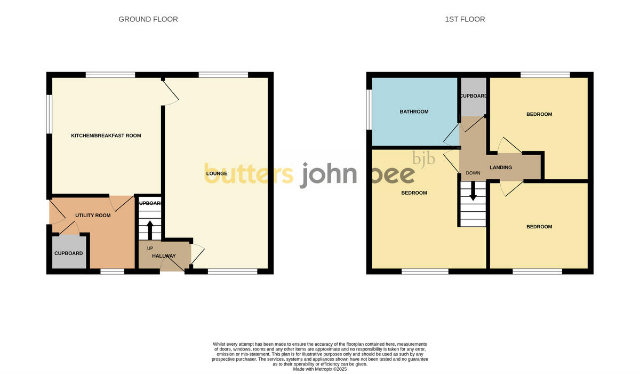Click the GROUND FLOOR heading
tap(148, 19)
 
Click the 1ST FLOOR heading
tap(465, 19)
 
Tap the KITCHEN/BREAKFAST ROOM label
tap(106, 136)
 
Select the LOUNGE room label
tap(217, 173)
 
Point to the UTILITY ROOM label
tap(93, 216)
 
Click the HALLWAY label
tap(164, 256)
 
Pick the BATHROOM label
tap(414, 112)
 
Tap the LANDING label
tap(501, 168)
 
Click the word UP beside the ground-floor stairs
tap(150, 248)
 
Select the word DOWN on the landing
tap(473, 173)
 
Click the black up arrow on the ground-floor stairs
tap(149, 230)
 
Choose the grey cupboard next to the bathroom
tap(474, 96)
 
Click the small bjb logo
tap(425, 158)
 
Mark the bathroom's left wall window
tap(369, 109)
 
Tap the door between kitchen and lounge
tap(171, 93)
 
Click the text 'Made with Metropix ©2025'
tap(320, 369)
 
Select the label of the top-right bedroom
tap(539, 114)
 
